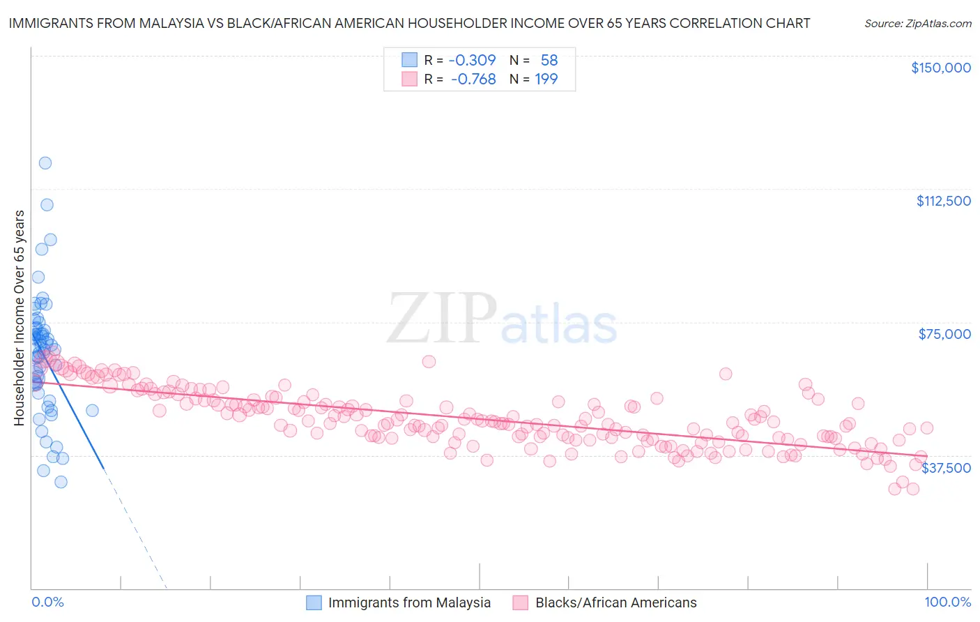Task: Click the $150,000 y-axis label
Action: [940, 68]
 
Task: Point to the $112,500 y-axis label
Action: [943, 201]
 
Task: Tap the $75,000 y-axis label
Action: [944, 334]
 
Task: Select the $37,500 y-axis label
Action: [946, 468]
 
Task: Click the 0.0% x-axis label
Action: [47, 602]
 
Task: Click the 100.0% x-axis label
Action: [948, 602]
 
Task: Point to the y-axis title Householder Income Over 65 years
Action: [20, 318]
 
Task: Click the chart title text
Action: [409, 23]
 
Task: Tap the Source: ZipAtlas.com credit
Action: [917, 24]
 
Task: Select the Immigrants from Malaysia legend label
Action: [409, 602]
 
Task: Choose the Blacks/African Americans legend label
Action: [615, 602]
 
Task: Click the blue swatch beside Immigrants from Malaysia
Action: [314, 602]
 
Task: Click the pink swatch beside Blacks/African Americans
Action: [521, 602]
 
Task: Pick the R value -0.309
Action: [472, 60]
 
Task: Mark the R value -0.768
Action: [473, 79]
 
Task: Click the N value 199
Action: [546, 79]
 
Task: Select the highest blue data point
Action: [45, 163]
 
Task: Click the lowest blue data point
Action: [61, 482]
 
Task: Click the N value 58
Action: [549, 60]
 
